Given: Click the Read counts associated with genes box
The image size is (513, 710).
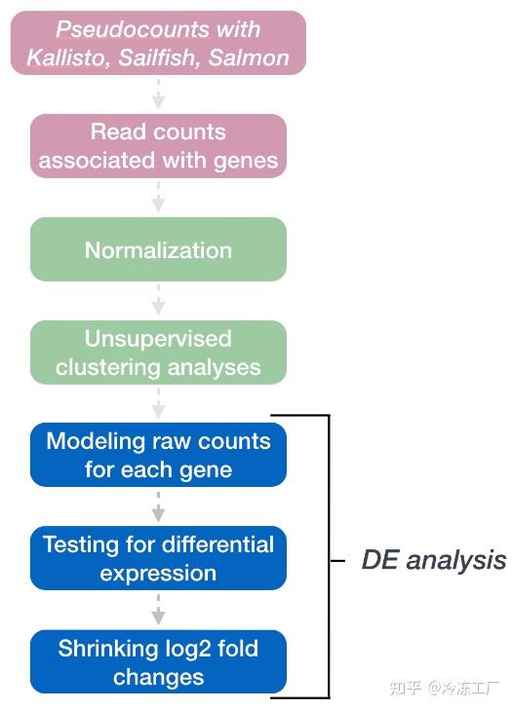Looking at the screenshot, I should pyautogui.click(x=158, y=145).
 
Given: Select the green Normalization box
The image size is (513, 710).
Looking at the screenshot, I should pyautogui.click(x=158, y=249).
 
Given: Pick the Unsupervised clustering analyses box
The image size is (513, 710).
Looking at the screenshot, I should pyautogui.click(x=158, y=353).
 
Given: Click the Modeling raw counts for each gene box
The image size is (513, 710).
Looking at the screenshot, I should pyautogui.click(x=158, y=455).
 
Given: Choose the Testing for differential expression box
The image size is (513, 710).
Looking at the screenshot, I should pyautogui.click(x=158, y=558).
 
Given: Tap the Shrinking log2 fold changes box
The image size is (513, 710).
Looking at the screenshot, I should pyautogui.click(x=158, y=661).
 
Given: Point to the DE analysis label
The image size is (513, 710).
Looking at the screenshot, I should pyautogui.click(x=433, y=560).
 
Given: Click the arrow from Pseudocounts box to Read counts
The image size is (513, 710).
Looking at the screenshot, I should pyautogui.click(x=158, y=93).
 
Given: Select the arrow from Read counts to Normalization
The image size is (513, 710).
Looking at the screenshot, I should pyautogui.click(x=158, y=197).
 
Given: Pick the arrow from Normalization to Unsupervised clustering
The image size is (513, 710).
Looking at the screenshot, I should pyautogui.click(x=158, y=301).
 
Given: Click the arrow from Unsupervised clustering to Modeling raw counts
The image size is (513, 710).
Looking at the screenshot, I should pyautogui.click(x=158, y=403).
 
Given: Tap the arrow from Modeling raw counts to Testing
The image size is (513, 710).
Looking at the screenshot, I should pyautogui.click(x=158, y=506).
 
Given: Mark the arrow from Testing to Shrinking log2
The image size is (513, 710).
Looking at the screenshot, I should pyautogui.click(x=158, y=610).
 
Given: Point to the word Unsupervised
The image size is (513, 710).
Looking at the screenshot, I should pyautogui.click(x=158, y=339).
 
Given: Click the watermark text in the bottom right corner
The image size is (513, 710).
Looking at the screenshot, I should pyautogui.click(x=444, y=689).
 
